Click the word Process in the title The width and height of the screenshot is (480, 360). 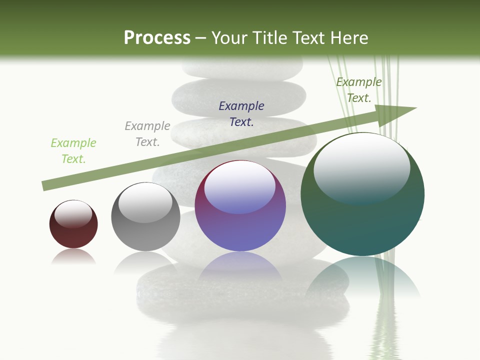pyautogui.click(x=157, y=38)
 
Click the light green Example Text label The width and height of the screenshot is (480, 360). pyautogui.click(x=73, y=151)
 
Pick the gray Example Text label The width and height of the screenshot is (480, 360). pyautogui.click(x=147, y=134)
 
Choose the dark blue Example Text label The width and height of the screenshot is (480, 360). pyautogui.click(x=241, y=113)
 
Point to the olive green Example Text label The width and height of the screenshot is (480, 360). pyautogui.click(x=359, y=90)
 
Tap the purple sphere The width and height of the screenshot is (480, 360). pyautogui.click(x=240, y=230)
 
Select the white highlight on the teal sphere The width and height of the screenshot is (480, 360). pyautogui.click(x=362, y=167)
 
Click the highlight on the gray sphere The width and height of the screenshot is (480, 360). pyautogui.click(x=145, y=203)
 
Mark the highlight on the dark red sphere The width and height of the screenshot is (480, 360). pyautogui.click(x=73, y=214)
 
